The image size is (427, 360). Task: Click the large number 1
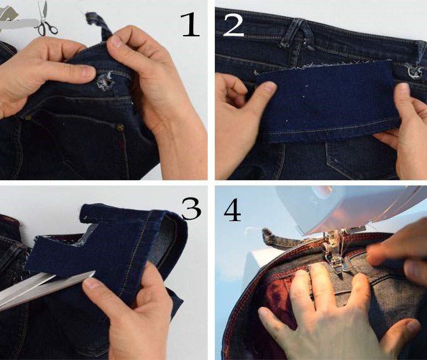[190, 25]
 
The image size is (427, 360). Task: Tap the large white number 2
[233, 25]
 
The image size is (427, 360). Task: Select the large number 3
[191, 208]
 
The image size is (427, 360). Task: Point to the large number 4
[232, 210]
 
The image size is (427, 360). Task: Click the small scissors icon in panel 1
[45, 19]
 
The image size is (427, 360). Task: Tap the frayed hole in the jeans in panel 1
[106, 80]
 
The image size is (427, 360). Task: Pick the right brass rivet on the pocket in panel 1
[120, 127]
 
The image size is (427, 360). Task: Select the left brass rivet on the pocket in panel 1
[27, 118]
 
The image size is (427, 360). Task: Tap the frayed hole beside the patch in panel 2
[414, 71]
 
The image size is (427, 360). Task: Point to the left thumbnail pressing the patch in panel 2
[268, 87]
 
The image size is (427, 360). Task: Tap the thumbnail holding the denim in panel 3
[91, 284]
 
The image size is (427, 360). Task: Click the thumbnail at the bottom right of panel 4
[411, 326]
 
